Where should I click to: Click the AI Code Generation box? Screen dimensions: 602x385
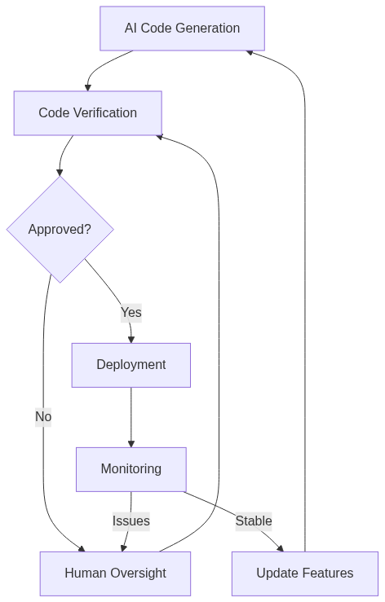182,29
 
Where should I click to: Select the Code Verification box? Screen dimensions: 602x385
87,112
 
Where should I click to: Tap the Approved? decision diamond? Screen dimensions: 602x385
60,229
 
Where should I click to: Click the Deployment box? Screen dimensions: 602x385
131,364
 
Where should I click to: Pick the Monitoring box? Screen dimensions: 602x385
131,468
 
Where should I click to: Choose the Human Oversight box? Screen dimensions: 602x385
115,573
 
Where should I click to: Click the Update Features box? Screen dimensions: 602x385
304,573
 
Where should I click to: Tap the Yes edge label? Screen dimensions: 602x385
131,312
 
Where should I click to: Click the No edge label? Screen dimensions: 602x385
43,416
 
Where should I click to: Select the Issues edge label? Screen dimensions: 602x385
131,521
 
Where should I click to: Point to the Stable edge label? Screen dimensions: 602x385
253,521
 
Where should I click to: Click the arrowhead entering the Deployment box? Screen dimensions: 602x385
131,339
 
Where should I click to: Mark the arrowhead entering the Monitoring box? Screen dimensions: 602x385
131,443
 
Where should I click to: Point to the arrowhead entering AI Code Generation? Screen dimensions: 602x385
250,51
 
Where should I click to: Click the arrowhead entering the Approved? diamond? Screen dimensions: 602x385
60,172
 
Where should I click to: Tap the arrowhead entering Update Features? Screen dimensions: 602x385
280,547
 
